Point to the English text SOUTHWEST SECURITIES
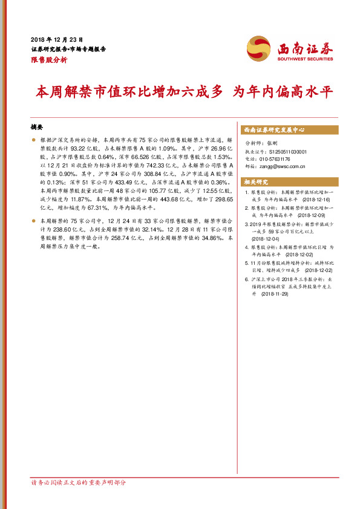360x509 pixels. pos(306,59)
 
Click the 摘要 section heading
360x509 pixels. pos(37,128)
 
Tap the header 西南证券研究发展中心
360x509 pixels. pos(273,130)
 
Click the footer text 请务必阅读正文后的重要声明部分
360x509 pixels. pos(79,482)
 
